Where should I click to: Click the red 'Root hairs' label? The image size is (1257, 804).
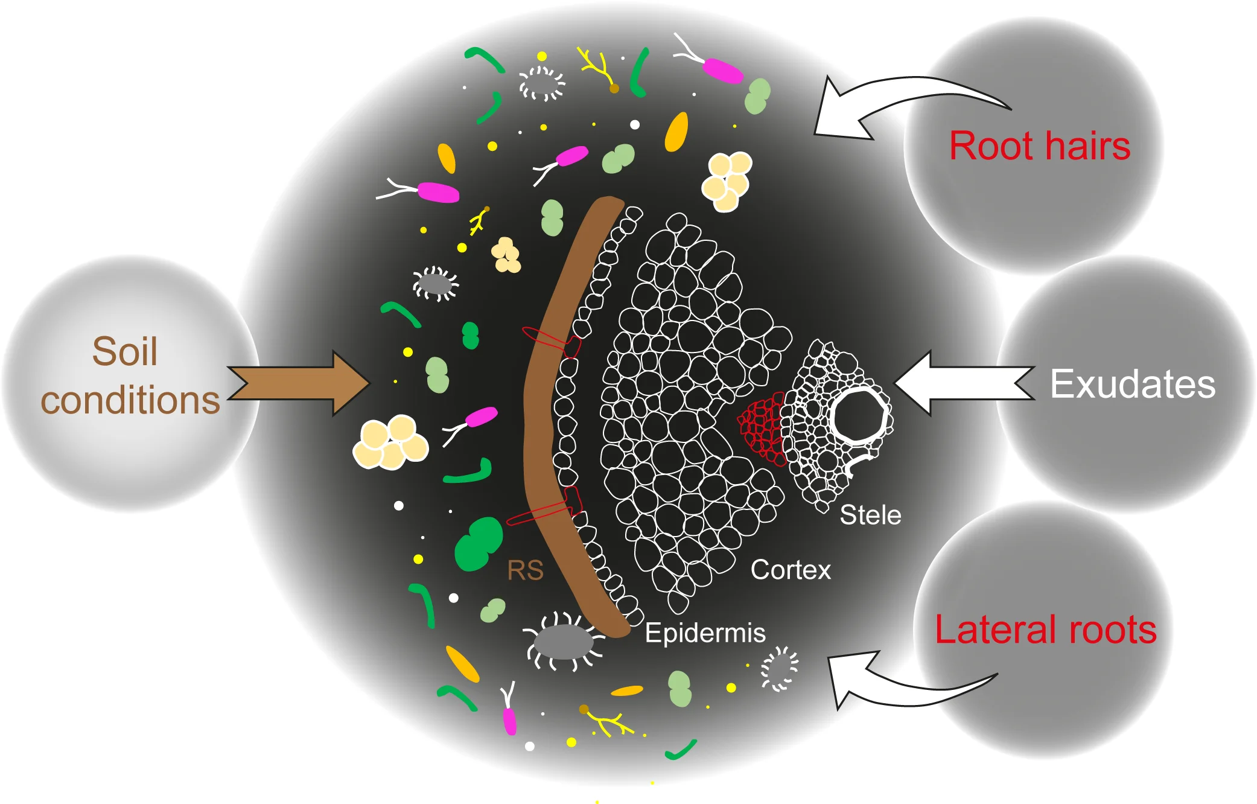[x=1039, y=147]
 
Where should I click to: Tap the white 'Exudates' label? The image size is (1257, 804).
[x=1133, y=384]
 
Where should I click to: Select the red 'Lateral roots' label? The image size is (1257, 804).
[x=1045, y=630]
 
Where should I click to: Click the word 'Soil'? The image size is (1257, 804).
[x=125, y=351]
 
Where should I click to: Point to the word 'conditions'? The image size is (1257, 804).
[x=130, y=401]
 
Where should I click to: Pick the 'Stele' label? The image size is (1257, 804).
[x=870, y=515]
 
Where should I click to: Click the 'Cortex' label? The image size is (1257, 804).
[x=791, y=570]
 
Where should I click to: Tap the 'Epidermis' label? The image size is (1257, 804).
[x=705, y=633]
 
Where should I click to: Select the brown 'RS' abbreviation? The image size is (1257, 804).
[x=525, y=570]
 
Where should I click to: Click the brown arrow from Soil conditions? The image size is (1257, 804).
[x=299, y=384]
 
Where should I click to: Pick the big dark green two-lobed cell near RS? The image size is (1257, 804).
[x=478, y=543]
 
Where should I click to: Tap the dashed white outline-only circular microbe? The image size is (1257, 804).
[x=542, y=83]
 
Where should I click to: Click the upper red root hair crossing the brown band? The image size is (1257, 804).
[x=550, y=340]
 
